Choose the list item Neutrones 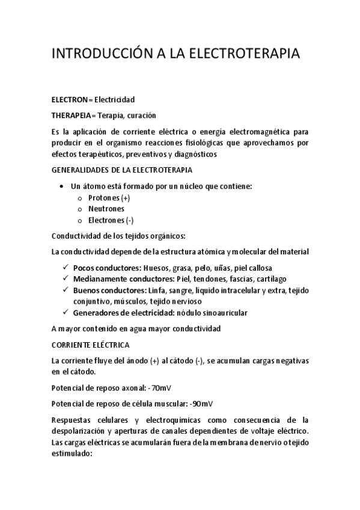(106, 209)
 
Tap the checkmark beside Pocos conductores (65, 267)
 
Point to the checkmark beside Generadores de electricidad (65, 313)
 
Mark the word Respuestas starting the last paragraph (74, 419)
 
